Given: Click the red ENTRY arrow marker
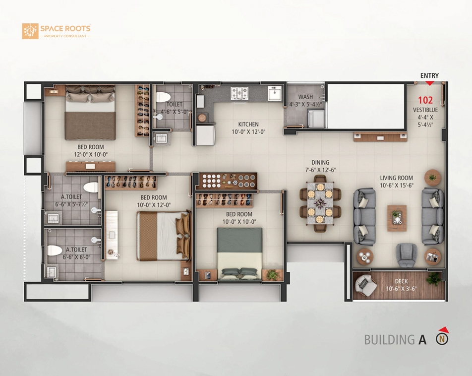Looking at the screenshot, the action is click(x=429, y=83).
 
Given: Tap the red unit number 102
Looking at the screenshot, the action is click(x=425, y=100).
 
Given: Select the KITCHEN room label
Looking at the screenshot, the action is click(x=248, y=124).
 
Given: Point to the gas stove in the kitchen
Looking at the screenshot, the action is click(x=239, y=93).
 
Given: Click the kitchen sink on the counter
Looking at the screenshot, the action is click(x=275, y=93).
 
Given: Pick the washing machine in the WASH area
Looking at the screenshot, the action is click(x=316, y=119).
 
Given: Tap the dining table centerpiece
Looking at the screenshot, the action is click(x=320, y=203).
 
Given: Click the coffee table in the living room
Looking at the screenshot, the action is click(x=397, y=218).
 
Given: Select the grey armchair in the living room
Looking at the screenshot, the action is click(x=407, y=255).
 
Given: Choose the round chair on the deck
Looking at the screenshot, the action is click(x=365, y=285).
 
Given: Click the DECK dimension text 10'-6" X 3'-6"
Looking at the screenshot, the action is click(x=401, y=289).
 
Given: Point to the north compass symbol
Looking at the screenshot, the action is click(x=442, y=337).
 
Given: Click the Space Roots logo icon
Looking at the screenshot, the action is click(x=30, y=31).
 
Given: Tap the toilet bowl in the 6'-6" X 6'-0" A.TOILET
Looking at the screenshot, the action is click(x=55, y=251).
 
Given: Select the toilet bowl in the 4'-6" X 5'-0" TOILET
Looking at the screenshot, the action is click(x=163, y=97).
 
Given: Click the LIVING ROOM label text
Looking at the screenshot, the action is click(x=396, y=178).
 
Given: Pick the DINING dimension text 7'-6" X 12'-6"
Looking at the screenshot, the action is click(x=320, y=170).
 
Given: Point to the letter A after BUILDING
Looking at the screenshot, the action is click(x=422, y=340).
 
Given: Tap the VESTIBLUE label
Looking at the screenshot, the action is click(x=425, y=110).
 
